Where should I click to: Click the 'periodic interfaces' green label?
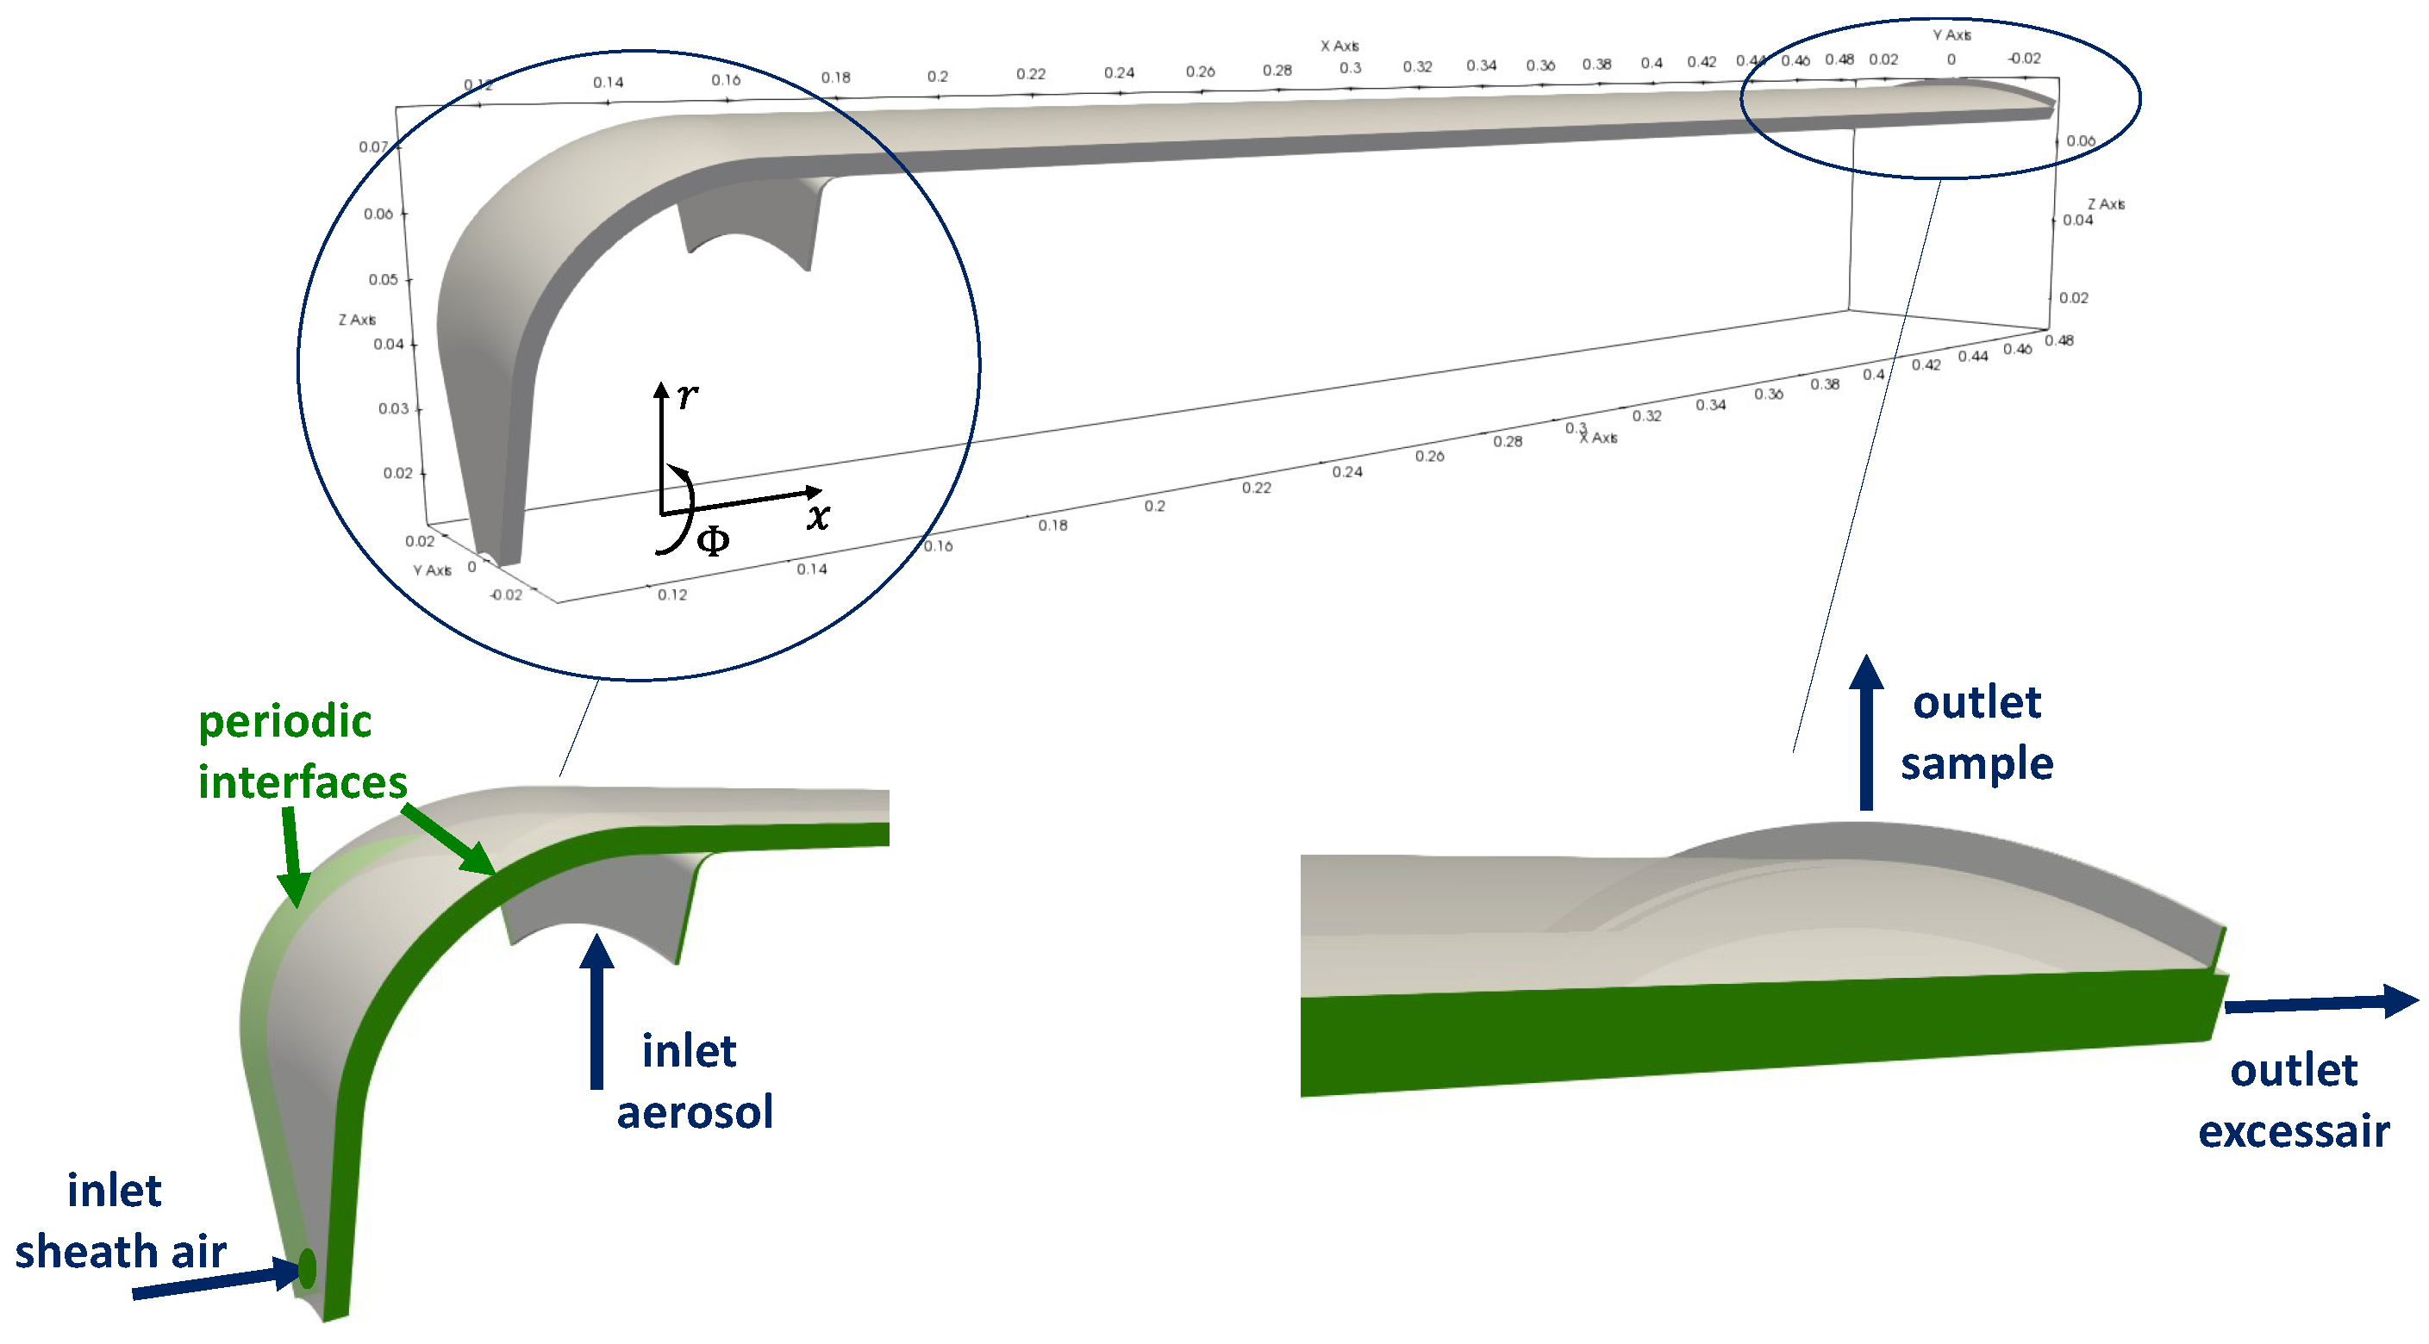coord(302,751)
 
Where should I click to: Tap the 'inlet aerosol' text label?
coord(694,1081)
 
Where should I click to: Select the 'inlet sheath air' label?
coord(120,1221)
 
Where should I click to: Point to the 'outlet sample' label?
coord(1976,732)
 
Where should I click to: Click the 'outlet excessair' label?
coord(2293,1100)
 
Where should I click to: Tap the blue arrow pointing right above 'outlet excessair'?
coord(2320,1003)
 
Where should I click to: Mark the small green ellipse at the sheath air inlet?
coord(307,1267)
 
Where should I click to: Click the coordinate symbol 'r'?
coord(687,395)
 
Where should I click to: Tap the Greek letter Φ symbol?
coord(713,541)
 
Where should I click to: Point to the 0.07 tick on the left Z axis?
coord(372,147)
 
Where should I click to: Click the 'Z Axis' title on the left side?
coord(358,320)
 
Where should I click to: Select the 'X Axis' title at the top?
coord(1339,47)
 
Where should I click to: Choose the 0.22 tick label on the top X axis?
coord(1031,73)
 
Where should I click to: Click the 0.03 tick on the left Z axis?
coord(393,408)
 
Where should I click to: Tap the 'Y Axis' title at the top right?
coord(1951,34)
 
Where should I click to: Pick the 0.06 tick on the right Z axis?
coord(2080,141)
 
